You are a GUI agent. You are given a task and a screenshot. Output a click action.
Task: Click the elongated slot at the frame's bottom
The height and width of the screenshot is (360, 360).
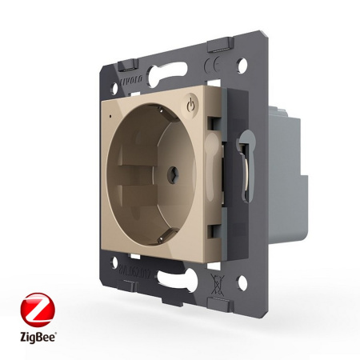pos(171,282)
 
